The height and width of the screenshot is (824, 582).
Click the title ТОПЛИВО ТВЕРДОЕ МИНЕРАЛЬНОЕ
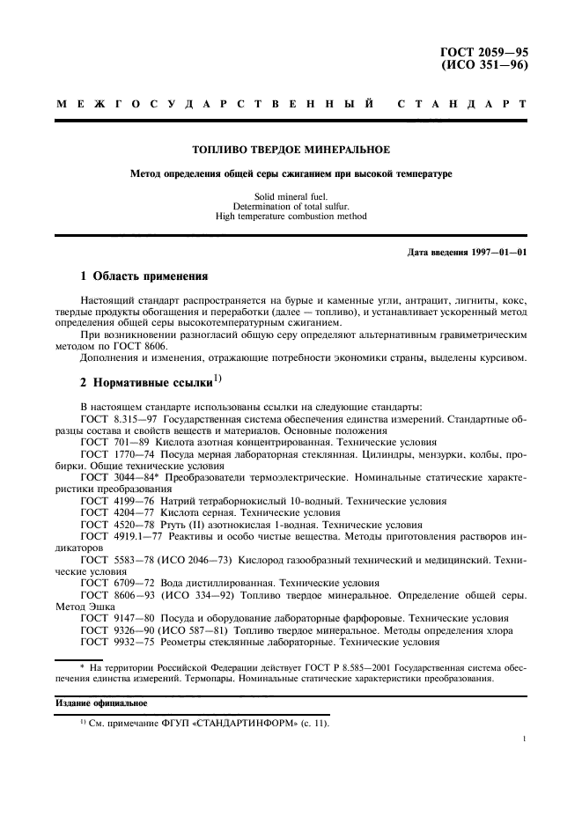tap(291, 150)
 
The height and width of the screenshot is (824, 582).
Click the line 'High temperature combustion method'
tap(291, 216)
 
